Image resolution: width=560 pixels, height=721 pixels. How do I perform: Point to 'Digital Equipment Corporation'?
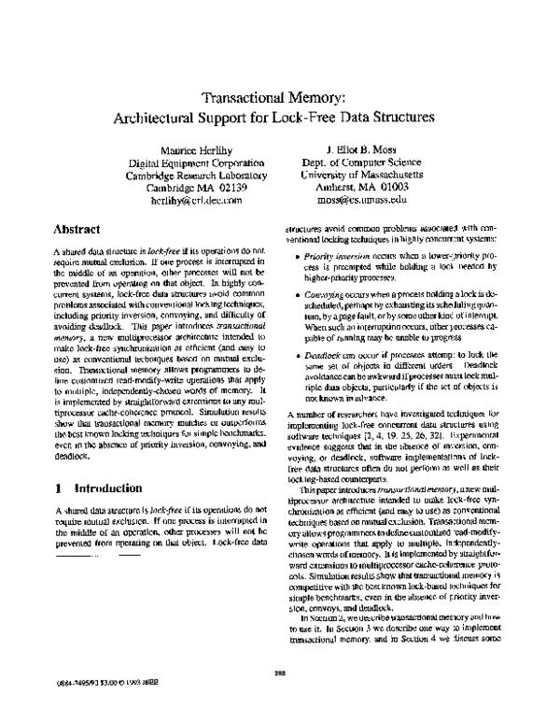[194, 163]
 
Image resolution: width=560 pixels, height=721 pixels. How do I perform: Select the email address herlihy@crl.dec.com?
[194, 200]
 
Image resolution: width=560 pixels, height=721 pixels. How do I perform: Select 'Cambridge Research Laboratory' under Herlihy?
[194, 175]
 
